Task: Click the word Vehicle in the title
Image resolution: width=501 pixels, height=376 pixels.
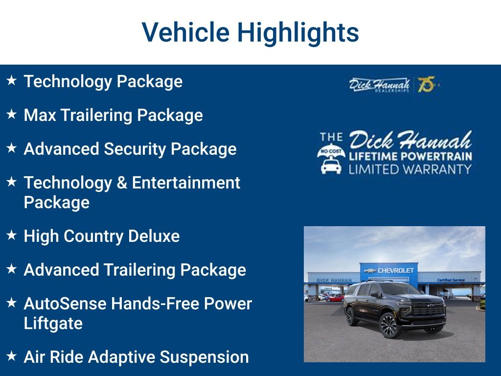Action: click(x=185, y=32)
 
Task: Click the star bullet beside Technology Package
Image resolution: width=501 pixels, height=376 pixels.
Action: click(x=12, y=80)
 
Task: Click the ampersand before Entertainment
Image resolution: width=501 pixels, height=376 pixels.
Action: click(x=122, y=183)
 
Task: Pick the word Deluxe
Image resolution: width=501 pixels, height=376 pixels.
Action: click(x=154, y=236)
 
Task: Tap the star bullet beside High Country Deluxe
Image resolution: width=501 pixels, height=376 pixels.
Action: click(x=12, y=235)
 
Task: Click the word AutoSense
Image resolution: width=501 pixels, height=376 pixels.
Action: click(x=65, y=304)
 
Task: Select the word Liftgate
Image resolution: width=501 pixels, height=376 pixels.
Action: click(x=53, y=324)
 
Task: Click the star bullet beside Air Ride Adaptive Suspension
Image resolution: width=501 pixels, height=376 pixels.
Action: click(x=12, y=355)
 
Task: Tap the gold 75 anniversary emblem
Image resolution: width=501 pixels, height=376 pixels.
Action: click(x=427, y=84)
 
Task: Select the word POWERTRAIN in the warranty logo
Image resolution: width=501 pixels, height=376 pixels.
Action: click(x=436, y=156)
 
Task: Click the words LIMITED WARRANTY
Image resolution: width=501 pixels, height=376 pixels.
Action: click(x=410, y=169)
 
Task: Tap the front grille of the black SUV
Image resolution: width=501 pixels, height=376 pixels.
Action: click(x=428, y=308)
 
